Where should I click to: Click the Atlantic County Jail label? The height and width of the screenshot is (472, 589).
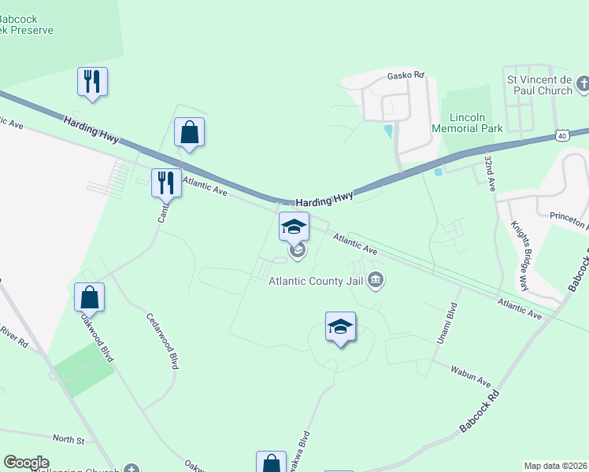click(x=317, y=281)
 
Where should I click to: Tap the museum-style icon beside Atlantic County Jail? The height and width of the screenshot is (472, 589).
click(x=376, y=280)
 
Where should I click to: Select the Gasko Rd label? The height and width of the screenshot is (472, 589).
click(x=406, y=76)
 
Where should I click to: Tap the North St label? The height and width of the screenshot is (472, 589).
click(x=69, y=439)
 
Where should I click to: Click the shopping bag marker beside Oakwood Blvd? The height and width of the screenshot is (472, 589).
click(x=90, y=297)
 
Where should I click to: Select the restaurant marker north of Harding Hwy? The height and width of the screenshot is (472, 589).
click(x=93, y=82)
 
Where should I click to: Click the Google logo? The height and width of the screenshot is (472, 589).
click(x=26, y=463)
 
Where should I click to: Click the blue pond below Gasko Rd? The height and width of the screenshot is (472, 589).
click(x=387, y=131)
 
